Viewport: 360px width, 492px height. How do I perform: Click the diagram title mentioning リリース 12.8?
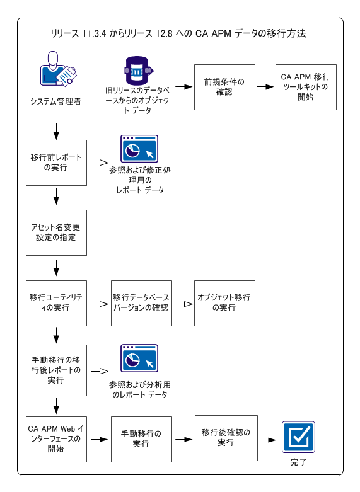point(180,33)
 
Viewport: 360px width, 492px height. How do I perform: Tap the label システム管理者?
point(55,101)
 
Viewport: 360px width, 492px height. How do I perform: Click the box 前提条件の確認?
point(224,87)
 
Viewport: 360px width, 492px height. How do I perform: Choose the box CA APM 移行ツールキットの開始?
point(306,87)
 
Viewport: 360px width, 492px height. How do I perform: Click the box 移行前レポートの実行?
point(55,161)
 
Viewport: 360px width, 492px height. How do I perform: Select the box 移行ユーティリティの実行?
point(55,303)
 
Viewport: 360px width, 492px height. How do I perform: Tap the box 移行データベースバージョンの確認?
point(141,303)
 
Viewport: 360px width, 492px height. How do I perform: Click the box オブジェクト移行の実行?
point(224,303)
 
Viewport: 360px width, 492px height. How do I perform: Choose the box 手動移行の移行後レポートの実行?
point(55,370)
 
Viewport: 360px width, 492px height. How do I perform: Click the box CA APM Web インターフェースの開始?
point(55,438)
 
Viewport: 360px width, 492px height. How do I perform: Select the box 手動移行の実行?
point(141,438)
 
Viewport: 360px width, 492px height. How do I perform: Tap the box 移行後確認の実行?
point(224,438)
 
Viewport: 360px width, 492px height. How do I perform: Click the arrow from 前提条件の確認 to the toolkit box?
point(265,87)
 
